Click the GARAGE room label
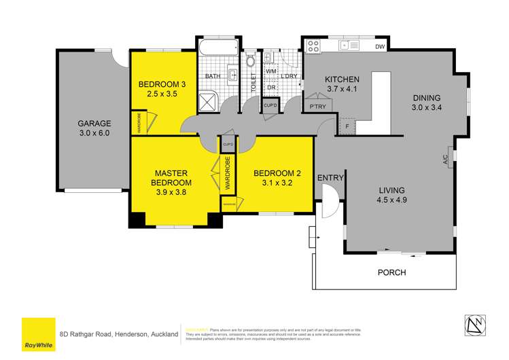pos(93,124)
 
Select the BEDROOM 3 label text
pos(162,84)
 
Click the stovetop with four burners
pos(314,46)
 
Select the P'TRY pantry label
pos(317,107)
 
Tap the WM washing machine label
pos(270,71)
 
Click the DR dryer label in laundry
pos(270,87)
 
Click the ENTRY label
pos(330,178)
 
